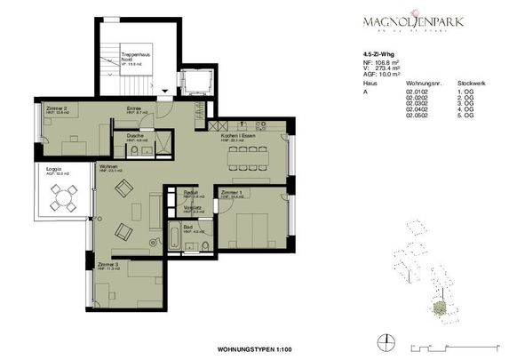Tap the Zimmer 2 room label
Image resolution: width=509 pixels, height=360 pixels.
pyautogui.click(x=56, y=107)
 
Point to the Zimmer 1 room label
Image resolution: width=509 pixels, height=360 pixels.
pyautogui.click(x=232, y=192)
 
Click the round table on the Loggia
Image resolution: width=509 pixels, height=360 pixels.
pyautogui.click(x=60, y=204)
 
